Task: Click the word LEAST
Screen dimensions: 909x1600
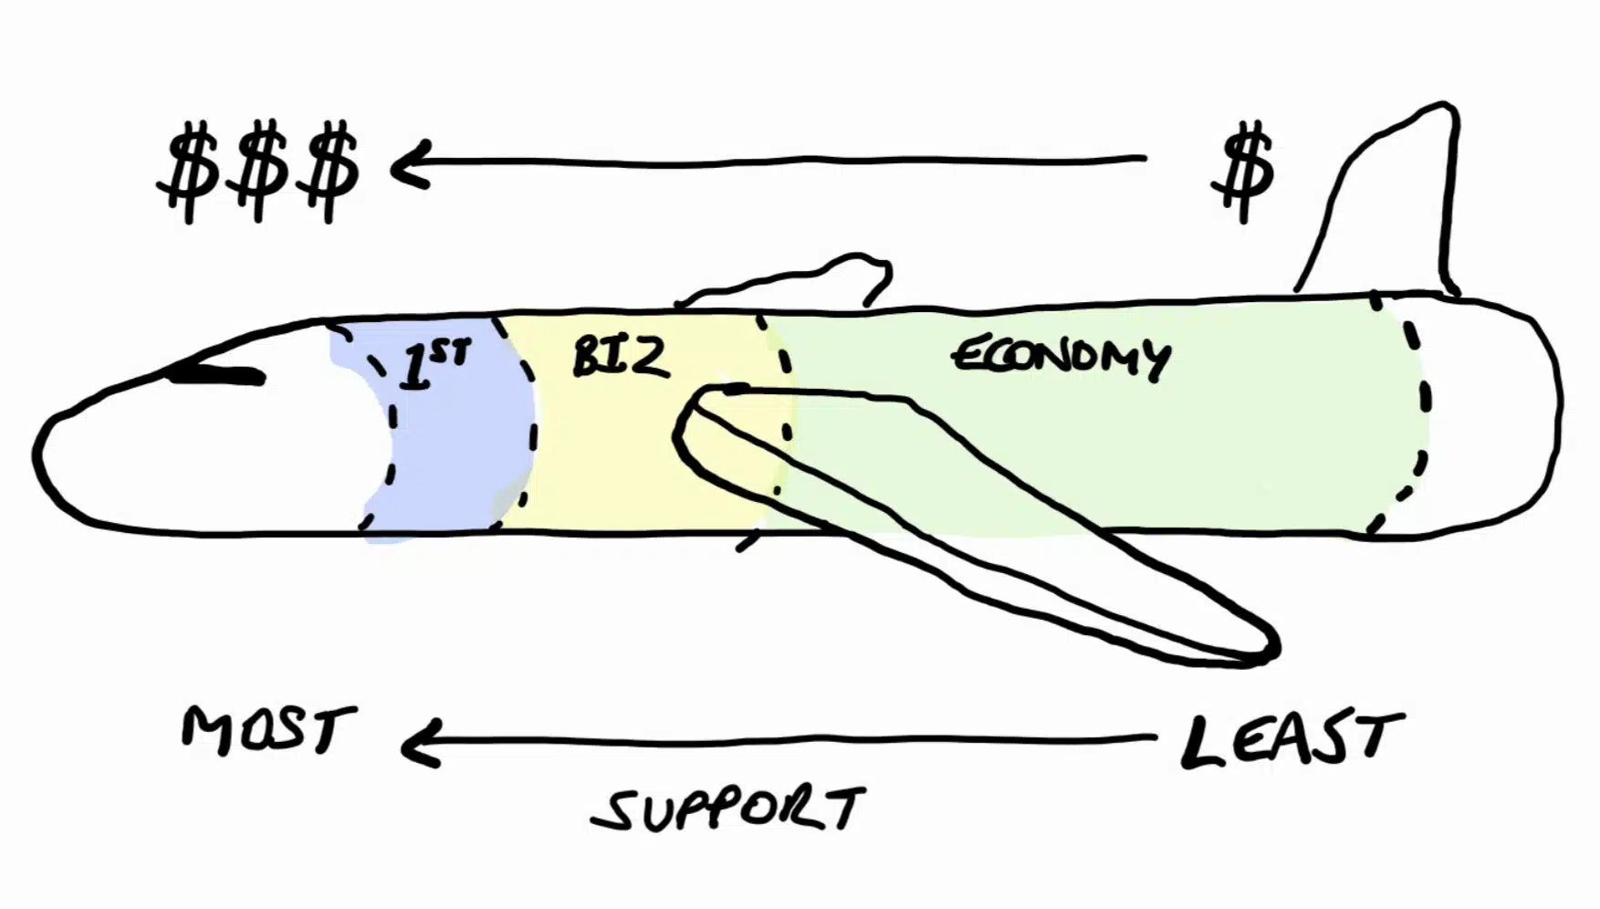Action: coord(1292,739)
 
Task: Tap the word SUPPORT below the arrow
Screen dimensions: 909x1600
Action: coord(727,809)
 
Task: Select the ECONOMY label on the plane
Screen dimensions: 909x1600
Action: coord(1061,356)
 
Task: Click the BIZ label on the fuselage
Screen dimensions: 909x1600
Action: coord(621,357)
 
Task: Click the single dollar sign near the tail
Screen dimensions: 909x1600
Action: coord(1242,172)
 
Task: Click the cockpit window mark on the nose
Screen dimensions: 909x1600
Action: coord(219,375)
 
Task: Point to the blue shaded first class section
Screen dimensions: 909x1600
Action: coord(456,438)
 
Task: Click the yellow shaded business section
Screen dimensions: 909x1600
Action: coord(621,456)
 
